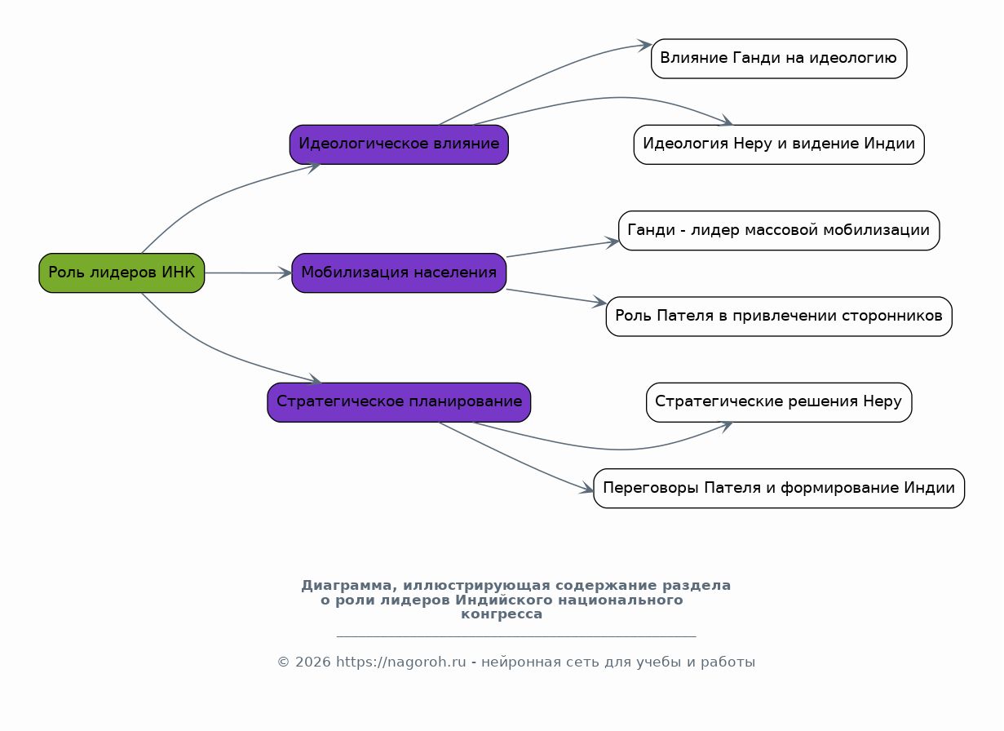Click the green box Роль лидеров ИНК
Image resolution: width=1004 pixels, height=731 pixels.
coord(122,272)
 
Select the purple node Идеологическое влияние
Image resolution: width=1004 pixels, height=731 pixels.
coord(399,144)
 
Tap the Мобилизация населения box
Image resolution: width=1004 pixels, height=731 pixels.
coord(399,272)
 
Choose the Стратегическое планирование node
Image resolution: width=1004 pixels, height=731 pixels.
coord(399,402)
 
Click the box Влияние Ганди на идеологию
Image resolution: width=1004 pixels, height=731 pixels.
coord(779,59)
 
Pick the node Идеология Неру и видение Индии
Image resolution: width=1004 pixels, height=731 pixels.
coord(779,144)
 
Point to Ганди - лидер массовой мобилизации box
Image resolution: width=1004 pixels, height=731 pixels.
coord(779,231)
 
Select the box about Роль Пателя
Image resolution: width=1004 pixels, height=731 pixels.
coord(779,317)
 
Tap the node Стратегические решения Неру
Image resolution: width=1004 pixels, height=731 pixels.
coord(779,402)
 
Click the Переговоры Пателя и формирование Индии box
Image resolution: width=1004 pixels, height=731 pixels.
coord(779,489)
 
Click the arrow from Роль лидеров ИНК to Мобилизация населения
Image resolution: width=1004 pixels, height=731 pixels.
coord(248,272)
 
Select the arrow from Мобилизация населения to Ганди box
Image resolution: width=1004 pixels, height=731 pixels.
coord(563,249)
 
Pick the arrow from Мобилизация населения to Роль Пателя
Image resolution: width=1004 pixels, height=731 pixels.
coord(557,296)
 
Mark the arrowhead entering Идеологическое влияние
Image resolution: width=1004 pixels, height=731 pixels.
coord(314,166)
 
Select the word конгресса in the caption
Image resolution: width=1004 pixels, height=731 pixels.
coord(502,614)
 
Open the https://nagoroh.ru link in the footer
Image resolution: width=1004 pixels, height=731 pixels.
coord(401,662)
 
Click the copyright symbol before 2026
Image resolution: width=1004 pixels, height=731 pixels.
coord(283,662)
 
